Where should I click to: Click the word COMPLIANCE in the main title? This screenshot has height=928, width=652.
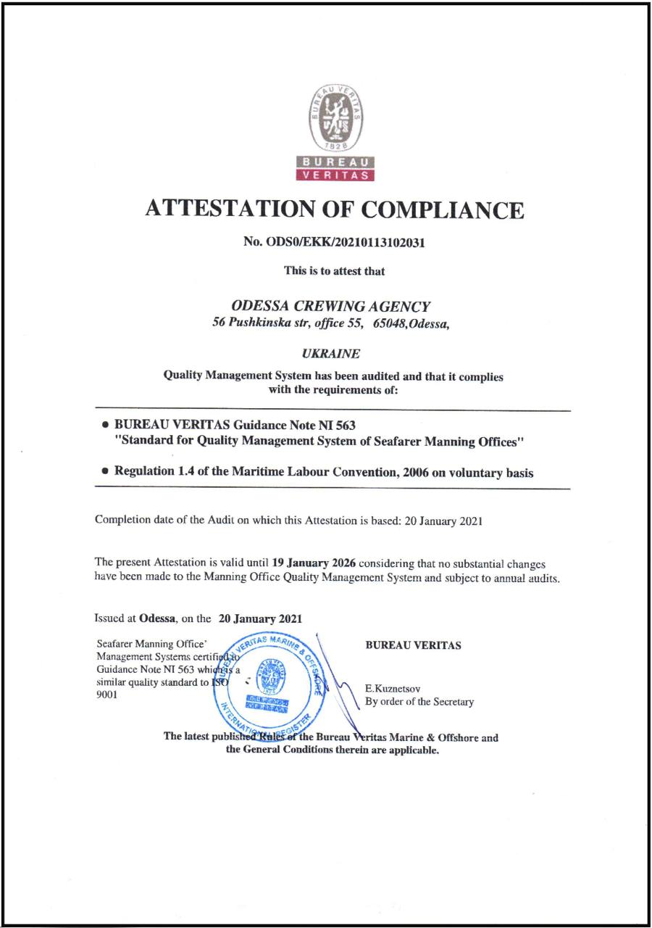[442, 210]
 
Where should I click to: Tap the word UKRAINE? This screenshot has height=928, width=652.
[335, 354]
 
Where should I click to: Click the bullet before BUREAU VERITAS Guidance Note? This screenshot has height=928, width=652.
[106, 425]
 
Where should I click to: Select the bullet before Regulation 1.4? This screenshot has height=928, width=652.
[106, 472]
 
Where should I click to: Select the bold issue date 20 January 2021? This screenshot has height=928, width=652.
[260, 619]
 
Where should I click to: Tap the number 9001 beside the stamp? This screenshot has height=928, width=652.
[106, 694]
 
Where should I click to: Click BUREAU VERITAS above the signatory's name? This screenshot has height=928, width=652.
[413, 645]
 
